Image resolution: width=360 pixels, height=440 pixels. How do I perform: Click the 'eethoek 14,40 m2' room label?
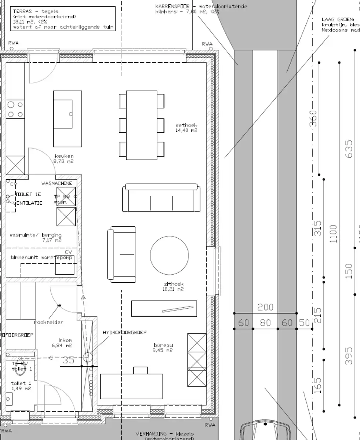186,128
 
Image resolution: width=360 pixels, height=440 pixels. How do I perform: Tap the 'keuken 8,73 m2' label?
64,158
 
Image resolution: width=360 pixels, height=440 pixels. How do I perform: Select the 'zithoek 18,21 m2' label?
174,286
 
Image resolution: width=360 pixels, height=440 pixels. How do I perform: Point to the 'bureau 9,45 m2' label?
163,348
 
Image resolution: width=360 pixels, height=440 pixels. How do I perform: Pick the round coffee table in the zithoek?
169,255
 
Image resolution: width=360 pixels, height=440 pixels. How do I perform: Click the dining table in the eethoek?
141,125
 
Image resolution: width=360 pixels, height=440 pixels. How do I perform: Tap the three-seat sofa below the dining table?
161,198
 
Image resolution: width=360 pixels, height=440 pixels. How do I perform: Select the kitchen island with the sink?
68,118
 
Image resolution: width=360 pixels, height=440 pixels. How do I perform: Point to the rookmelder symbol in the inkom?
59,305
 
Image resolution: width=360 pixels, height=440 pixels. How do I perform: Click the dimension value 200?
265,307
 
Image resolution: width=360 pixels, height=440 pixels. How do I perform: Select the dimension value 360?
313,118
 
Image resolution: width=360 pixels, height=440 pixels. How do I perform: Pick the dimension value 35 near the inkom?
69,360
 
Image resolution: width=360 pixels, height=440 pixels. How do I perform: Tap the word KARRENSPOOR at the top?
172,6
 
